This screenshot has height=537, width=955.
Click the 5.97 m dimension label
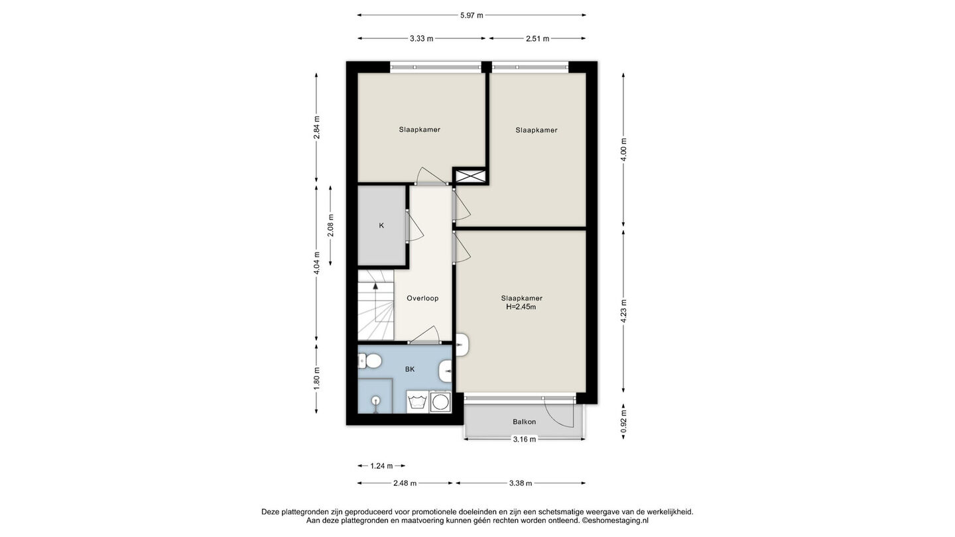(x=472, y=15)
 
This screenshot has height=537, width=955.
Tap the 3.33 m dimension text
(x=421, y=38)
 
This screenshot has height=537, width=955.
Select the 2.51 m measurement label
(x=537, y=38)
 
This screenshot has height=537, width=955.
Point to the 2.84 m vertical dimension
(x=316, y=127)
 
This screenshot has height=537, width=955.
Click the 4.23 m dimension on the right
(x=623, y=312)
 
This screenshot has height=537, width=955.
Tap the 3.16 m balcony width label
(x=524, y=440)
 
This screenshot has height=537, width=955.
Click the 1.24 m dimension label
(x=381, y=466)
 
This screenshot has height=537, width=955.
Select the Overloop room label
(x=422, y=298)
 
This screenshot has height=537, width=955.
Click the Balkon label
(x=524, y=422)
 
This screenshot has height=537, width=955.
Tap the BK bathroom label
(x=410, y=369)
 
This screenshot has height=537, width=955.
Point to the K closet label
(x=381, y=225)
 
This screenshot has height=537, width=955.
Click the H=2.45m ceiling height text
(x=521, y=307)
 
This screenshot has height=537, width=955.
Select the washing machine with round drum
(x=440, y=402)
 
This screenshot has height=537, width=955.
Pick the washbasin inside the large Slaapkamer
(x=463, y=344)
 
